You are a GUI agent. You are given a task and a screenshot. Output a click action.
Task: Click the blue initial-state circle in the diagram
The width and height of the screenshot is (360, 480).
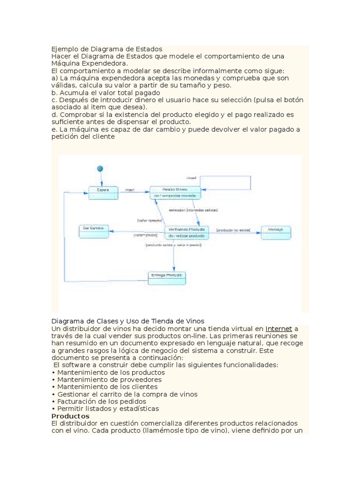pos(99,169)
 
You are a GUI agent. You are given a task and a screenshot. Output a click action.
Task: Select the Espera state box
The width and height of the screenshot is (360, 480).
pos(102,193)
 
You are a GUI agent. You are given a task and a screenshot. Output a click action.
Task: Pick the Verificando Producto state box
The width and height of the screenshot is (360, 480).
pos(187,232)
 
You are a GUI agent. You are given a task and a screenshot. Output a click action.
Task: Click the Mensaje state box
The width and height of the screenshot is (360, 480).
pos(276,232)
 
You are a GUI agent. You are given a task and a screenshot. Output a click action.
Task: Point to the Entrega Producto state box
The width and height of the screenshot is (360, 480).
pos(167,278)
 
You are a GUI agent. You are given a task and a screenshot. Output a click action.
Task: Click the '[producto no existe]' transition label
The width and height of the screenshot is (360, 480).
pos(233,230)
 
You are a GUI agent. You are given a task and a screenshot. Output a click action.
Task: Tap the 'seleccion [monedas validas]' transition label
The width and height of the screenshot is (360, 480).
pos(196,210)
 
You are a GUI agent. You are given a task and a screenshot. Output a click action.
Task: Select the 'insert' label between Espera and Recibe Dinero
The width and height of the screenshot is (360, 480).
pos(129,190)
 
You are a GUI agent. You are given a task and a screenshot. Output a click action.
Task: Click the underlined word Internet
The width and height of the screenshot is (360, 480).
pos(278,329)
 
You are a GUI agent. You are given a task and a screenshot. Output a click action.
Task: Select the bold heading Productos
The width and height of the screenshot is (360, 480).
pos(70,416)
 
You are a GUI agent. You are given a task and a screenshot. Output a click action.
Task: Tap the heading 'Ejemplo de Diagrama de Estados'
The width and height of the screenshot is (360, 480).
pos(107,49)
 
